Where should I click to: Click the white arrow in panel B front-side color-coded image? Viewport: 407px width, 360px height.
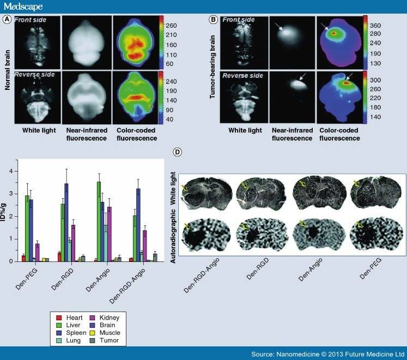coord(325,26)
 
